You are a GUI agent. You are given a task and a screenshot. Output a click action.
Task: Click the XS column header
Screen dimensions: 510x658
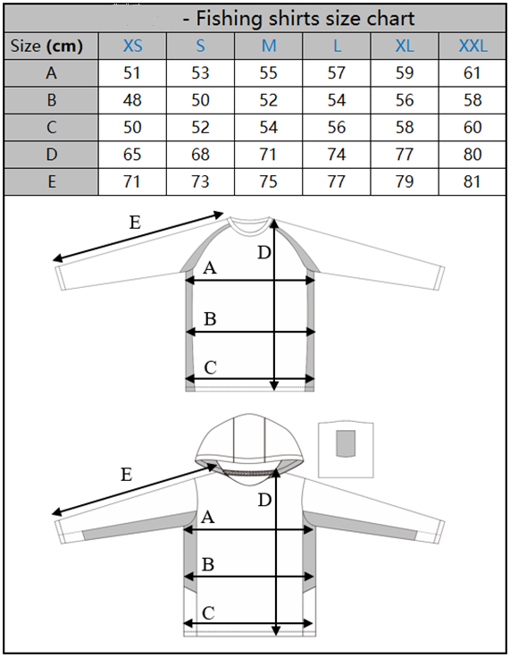click(132, 46)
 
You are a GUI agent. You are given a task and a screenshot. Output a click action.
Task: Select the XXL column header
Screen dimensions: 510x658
click(472, 46)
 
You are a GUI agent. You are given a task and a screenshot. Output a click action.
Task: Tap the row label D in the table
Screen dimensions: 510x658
click(51, 155)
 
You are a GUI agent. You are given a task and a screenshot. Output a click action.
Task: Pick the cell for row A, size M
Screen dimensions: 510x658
click(269, 73)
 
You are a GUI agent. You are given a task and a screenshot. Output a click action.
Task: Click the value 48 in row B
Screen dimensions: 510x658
click(132, 100)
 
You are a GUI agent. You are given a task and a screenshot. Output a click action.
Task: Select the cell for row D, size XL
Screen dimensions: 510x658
click(405, 155)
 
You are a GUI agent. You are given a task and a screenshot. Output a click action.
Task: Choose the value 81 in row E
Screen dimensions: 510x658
click(472, 181)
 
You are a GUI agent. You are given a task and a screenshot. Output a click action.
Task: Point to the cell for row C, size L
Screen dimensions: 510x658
click(337, 127)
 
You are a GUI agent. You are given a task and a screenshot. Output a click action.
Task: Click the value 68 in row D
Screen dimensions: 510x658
click(200, 155)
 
